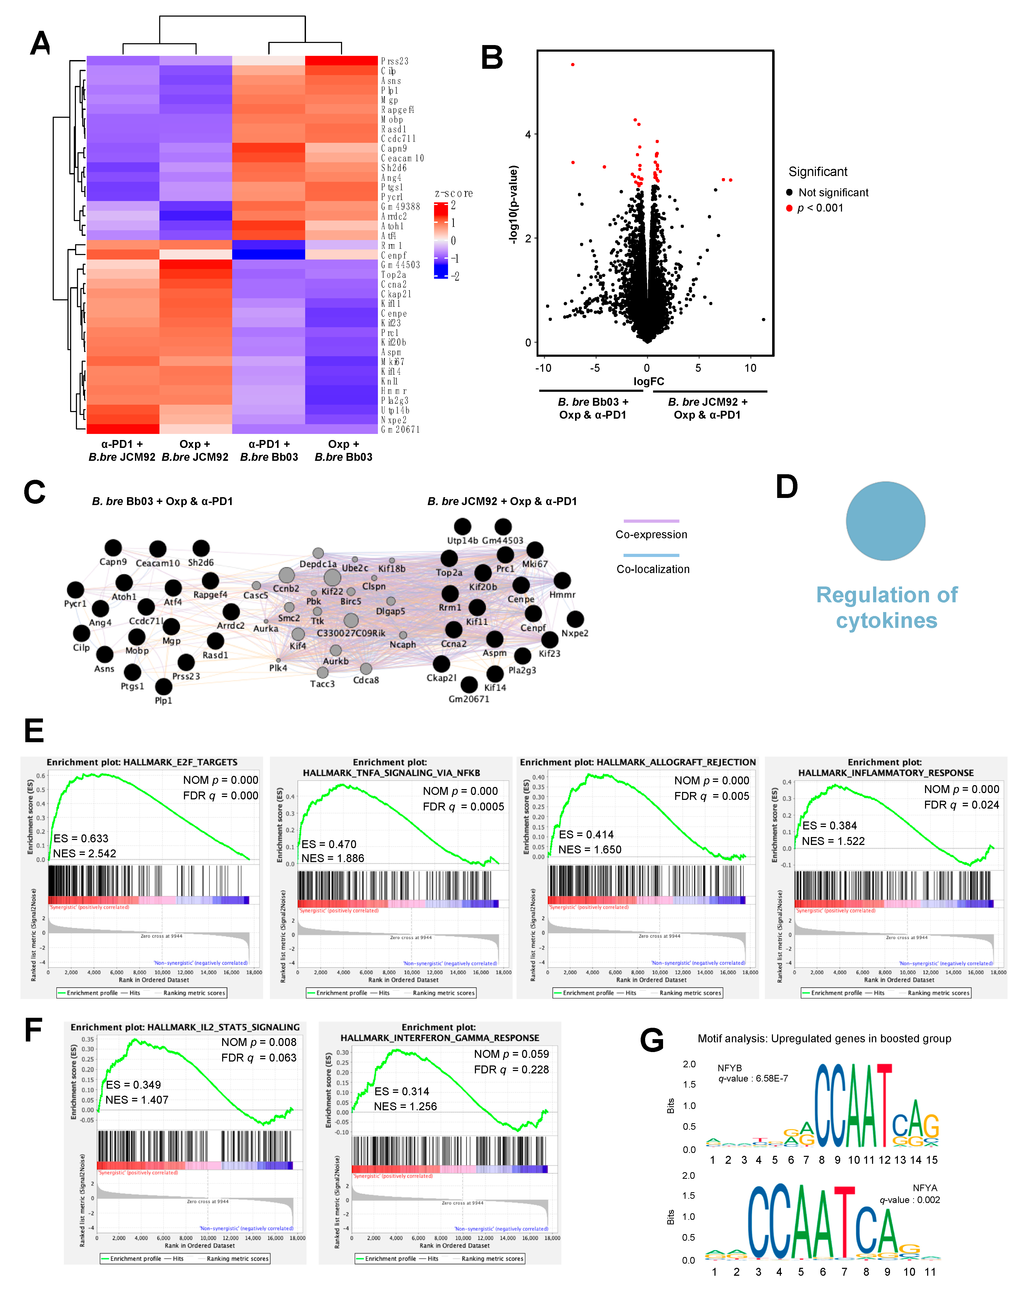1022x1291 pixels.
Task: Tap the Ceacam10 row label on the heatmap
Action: click(x=402, y=158)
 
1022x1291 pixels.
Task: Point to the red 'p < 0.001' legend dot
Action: click(x=789, y=208)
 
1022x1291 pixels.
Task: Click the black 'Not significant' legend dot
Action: click(x=789, y=193)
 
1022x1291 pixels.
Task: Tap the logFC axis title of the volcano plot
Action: click(x=649, y=381)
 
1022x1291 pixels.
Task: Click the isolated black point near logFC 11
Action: click(x=763, y=320)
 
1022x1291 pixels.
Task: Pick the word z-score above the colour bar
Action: click(x=454, y=193)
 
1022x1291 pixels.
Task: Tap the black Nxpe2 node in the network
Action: click(x=575, y=619)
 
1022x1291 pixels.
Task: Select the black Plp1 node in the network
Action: click(x=163, y=686)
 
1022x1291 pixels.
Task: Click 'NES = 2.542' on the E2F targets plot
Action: click(x=84, y=853)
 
